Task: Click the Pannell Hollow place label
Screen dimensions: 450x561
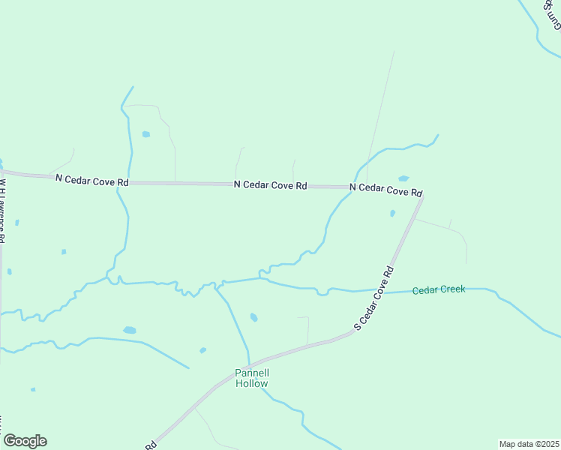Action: [251, 377]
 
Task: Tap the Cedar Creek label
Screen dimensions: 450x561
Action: [439, 289]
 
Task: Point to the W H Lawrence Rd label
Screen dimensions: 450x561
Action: [3, 210]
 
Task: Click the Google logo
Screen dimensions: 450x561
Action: [25, 441]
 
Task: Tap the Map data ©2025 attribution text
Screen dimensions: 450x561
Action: [529, 444]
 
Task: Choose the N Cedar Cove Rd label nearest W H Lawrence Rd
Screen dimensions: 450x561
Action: [92, 180]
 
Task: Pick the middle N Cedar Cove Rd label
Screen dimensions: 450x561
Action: [270, 184]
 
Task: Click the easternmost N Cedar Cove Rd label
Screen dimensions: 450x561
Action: [386, 189]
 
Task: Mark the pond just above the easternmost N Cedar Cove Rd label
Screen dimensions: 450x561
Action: [403, 178]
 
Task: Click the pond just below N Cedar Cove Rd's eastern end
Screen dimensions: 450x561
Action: [392, 214]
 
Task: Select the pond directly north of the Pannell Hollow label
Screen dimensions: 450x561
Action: [253, 317]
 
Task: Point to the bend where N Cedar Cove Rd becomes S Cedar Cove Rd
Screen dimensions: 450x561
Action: [423, 196]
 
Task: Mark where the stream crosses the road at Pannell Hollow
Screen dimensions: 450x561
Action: [250, 363]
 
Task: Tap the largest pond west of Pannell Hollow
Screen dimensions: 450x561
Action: [129, 330]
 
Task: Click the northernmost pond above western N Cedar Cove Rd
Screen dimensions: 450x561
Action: [145, 134]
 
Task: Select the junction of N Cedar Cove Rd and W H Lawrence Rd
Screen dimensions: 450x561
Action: [2, 173]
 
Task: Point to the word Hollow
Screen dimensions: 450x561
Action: [251, 383]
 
